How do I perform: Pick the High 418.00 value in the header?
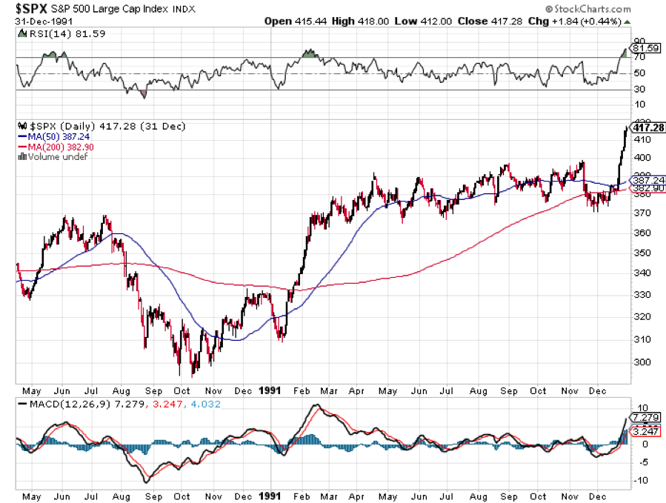[356, 21]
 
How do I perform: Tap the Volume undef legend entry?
[49, 157]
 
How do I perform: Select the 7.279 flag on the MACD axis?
[643, 418]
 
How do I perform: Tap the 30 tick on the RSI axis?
[636, 90]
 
